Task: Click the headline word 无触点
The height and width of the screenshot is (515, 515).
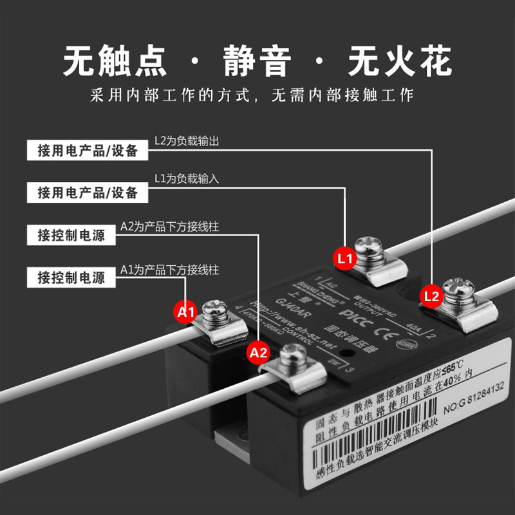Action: [x=115, y=62]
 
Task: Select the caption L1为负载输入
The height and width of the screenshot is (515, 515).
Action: [x=187, y=179]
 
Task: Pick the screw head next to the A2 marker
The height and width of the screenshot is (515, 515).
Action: [x=297, y=353]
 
